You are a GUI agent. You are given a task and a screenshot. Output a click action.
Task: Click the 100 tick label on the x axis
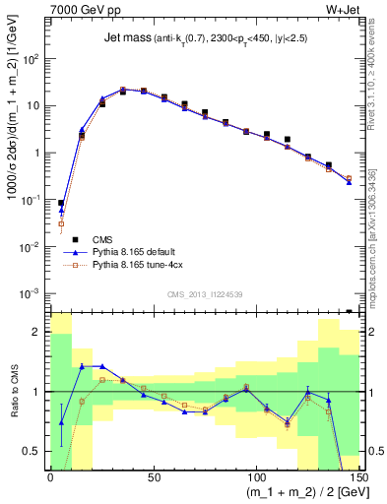(x=254, y=477)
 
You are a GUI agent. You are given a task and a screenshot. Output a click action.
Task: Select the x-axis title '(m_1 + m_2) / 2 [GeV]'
(x=294, y=493)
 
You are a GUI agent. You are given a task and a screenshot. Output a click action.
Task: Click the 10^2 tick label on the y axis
(x=32, y=59)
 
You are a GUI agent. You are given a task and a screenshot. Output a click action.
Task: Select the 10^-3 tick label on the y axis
(x=32, y=293)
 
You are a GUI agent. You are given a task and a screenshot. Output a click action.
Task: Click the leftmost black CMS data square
(x=61, y=203)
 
